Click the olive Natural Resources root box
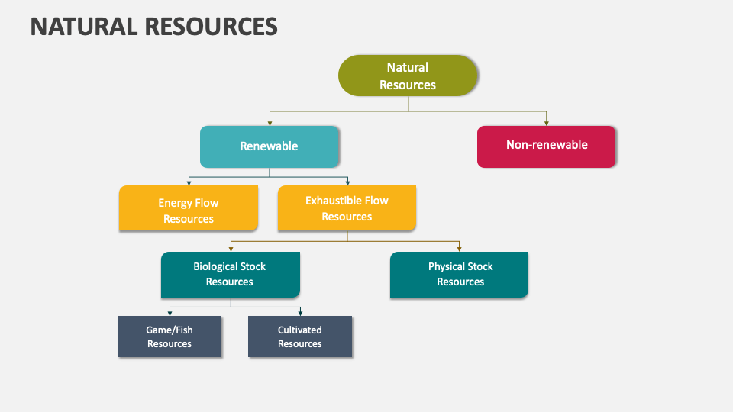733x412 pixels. tap(408, 76)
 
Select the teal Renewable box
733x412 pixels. tap(269, 146)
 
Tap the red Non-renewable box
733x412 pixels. tap(546, 146)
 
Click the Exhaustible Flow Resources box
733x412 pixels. tap(347, 208)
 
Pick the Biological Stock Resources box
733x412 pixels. tap(230, 274)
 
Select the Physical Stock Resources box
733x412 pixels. tap(460, 274)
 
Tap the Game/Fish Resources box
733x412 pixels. tap(170, 336)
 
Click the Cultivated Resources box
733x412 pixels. tap(300, 336)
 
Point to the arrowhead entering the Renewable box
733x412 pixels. tap(269, 123)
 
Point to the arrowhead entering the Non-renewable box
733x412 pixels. tap(547, 123)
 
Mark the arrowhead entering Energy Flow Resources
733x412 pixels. tap(189, 183)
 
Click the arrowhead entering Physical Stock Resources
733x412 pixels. tap(460, 249)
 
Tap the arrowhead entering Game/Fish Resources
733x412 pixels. tap(170, 312)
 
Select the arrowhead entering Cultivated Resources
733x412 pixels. tap(300, 312)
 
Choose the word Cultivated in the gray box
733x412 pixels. tap(300, 330)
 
